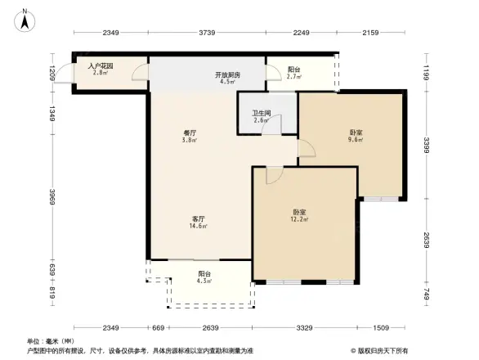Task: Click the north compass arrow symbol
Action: (x=25, y=18)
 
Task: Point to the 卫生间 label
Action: (x=261, y=114)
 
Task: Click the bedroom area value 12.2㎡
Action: (x=299, y=219)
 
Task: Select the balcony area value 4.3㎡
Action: (x=205, y=281)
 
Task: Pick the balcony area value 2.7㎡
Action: (x=294, y=78)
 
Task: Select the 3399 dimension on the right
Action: (x=427, y=145)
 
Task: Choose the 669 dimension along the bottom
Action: (x=159, y=328)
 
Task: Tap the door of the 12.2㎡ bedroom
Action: (x=275, y=175)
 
